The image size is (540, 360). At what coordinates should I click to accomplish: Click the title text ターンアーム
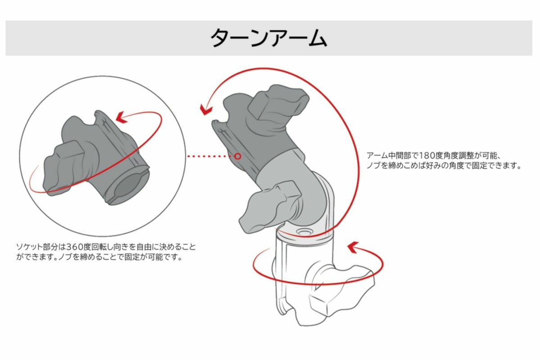(x=269, y=38)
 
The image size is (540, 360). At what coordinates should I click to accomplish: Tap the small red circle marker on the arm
(x=238, y=156)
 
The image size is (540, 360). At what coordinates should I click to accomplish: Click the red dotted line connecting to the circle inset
(x=210, y=156)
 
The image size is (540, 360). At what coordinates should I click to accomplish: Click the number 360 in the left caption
(x=75, y=247)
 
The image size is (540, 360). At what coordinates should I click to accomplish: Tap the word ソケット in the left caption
(x=29, y=247)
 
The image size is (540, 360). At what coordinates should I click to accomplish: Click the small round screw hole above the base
(x=304, y=232)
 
